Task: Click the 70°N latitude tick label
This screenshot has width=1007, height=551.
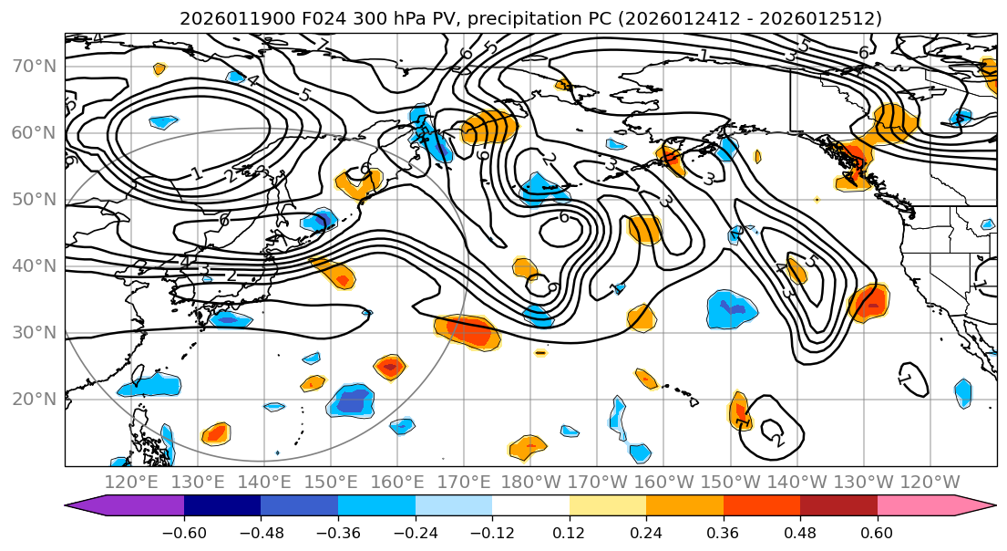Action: tap(33, 66)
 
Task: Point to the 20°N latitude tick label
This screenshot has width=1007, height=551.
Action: tap(33, 399)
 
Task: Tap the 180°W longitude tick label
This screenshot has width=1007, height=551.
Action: tap(530, 483)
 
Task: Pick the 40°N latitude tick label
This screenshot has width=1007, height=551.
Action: tap(33, 265)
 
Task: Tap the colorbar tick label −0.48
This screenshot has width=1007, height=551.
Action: tap(260, 532)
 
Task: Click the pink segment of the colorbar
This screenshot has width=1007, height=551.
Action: tap(920, 506)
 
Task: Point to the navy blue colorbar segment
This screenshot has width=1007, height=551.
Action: tap(221, 506)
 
